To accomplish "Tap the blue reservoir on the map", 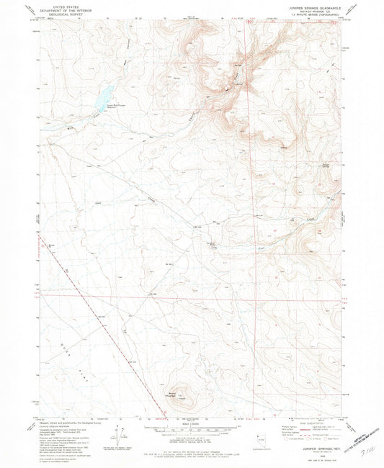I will pyautogui.click(x=104, y=94).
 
